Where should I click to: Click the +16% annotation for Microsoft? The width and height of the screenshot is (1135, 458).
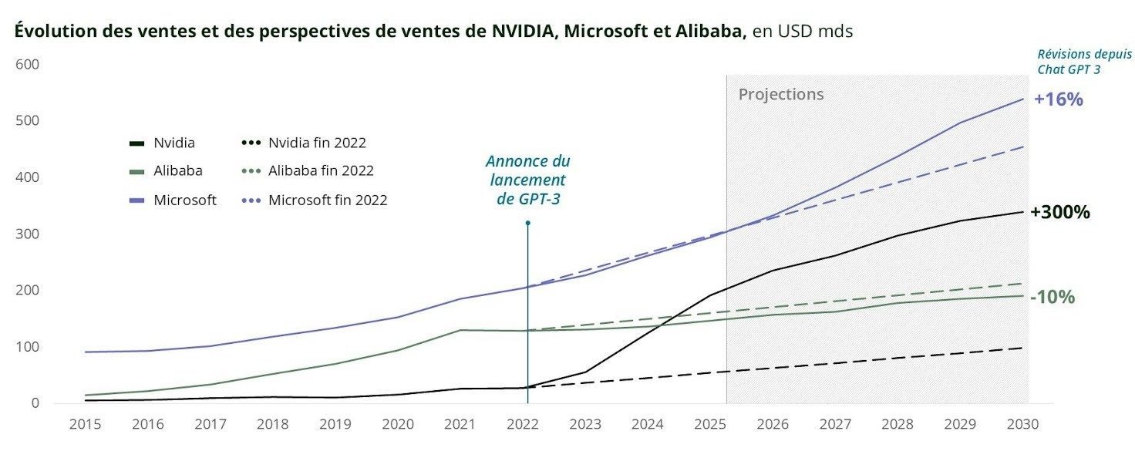click(x=1059, y=99)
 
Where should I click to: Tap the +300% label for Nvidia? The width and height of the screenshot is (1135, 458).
click(x=1059, y=213)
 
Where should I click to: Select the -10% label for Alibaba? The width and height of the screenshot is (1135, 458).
click(x=1052, y=297)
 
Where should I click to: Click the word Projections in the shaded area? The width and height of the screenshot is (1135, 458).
click(x=780, y=95)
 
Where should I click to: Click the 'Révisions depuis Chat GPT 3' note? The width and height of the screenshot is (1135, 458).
click(x=1083, y=62)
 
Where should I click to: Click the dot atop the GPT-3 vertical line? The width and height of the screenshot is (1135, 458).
click(x=527, y=224)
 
